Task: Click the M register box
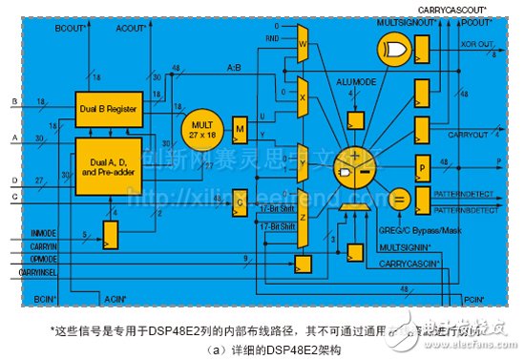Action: pos(241,129)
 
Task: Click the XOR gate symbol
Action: pos(392,49)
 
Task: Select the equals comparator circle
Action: pos(399,200)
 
